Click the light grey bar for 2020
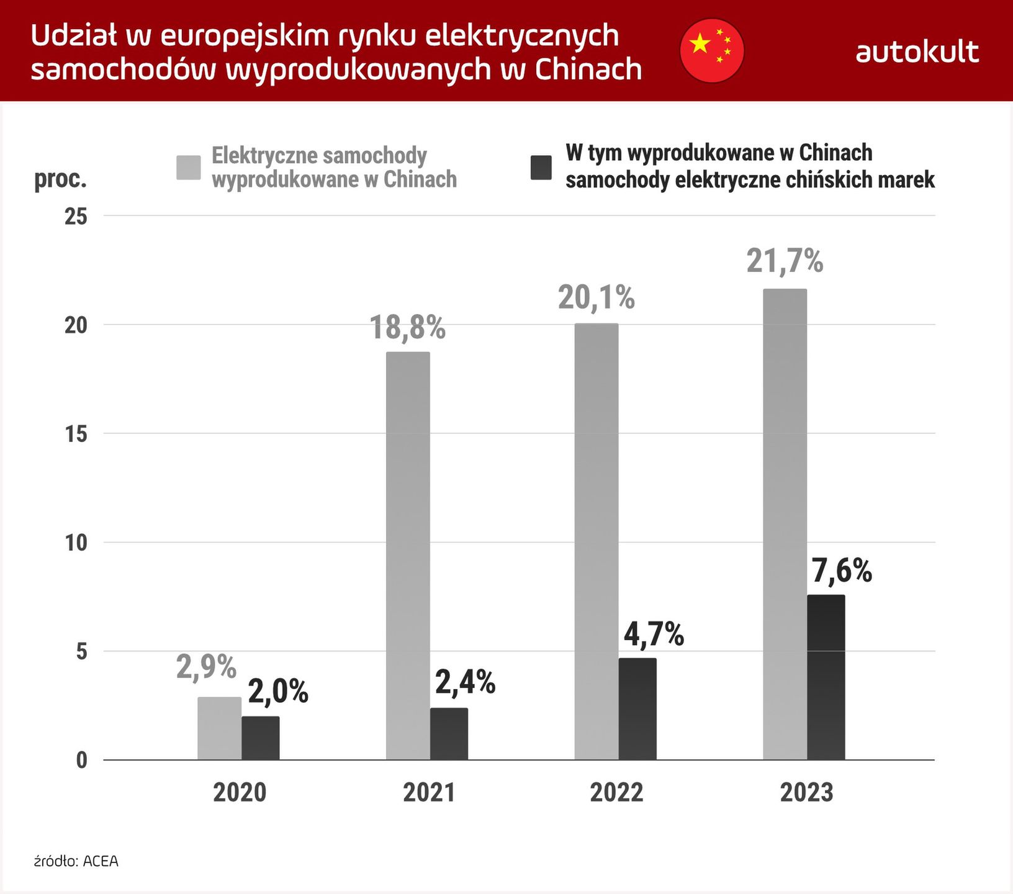[x=219, y=728]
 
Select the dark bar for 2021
[x=449, y=734]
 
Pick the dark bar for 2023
[x=826, y=677]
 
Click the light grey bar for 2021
[x=408, y=556]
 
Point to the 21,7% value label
[x=785, y=261]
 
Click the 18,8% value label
[x=408, y=328]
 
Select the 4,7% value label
[x=653, y=634]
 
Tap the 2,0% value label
[x=278, y=692]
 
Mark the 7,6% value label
[x=842, y=571]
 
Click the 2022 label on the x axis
[x=616, y=793]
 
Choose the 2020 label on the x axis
[x=240, y=793]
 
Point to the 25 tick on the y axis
[x=76, y=217]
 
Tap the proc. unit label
[x=60, y=179]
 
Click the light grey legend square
[x=188, y=168]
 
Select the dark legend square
[x=541, y=168]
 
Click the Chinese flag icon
[x=711, y=50]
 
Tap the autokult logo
[x=917, y=52]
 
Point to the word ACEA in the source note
[x=101, y=862]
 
